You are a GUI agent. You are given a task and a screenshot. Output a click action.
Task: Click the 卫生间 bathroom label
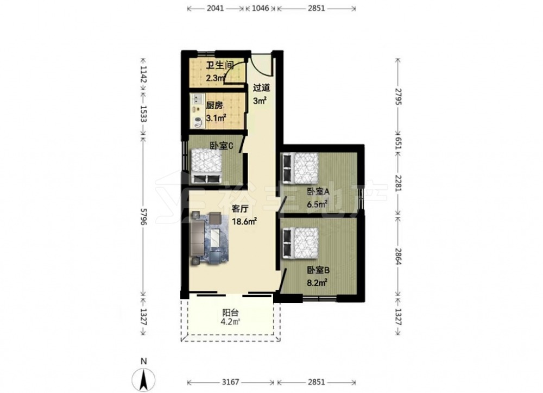(220, 65)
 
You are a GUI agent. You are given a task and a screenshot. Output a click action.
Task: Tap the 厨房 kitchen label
(214, 105)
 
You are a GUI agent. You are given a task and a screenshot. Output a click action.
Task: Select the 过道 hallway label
(262, 88)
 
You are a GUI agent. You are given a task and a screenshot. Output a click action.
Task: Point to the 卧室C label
(222, 146)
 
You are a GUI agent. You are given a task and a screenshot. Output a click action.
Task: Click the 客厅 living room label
(240, 209)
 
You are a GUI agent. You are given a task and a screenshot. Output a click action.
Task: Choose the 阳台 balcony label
(230, 313)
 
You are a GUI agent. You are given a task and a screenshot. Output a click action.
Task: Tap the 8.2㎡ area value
(317, 283)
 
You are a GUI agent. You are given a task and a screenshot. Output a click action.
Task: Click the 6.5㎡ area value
(317, 204)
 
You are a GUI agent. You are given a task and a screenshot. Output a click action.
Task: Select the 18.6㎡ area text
(244, 221)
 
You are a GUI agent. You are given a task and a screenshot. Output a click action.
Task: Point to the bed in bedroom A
(301, 168)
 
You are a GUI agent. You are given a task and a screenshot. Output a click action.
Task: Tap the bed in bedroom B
(301, 242)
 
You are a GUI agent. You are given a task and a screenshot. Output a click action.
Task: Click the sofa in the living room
(198, 238)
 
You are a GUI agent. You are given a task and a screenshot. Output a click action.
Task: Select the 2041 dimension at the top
(216, 8)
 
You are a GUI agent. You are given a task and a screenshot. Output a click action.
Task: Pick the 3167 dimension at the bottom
(230, 382)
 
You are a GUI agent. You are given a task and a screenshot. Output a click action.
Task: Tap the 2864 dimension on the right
(398, 256)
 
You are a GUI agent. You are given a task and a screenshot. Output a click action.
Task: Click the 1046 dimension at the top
(260, 8)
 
